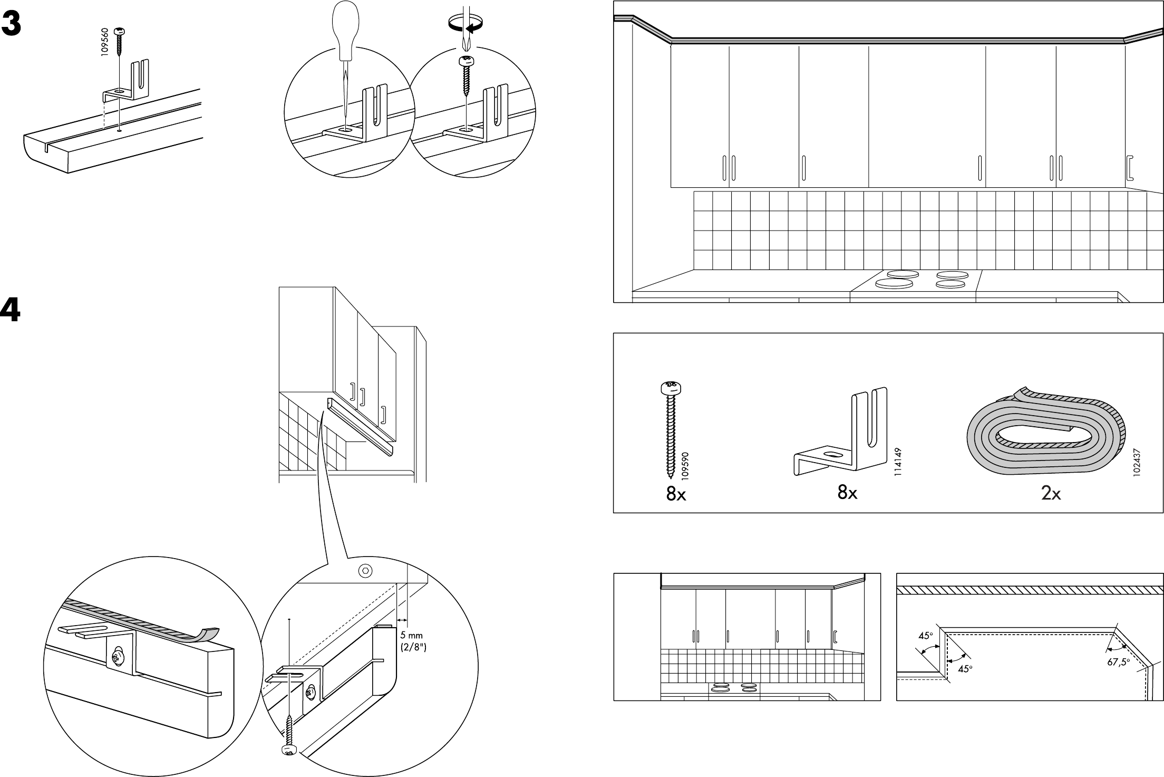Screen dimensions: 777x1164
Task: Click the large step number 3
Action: pos(11,24)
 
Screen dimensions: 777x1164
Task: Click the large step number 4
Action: pos(11,311)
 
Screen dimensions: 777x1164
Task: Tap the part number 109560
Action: pos(105,43)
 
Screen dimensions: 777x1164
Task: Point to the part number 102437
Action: pos(1136,463)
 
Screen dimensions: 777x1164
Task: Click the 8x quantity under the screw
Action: pos(675,495)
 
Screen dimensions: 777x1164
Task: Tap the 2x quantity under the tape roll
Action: pos(1051,493)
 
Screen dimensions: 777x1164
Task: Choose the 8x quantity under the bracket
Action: pos(847,493)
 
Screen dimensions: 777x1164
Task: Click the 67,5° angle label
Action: pos(1118,662)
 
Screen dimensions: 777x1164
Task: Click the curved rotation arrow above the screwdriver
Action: pos(465,24)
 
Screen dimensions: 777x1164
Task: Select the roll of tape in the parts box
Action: pos(1046,433)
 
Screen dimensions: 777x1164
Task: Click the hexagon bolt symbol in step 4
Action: pos(365,570)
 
